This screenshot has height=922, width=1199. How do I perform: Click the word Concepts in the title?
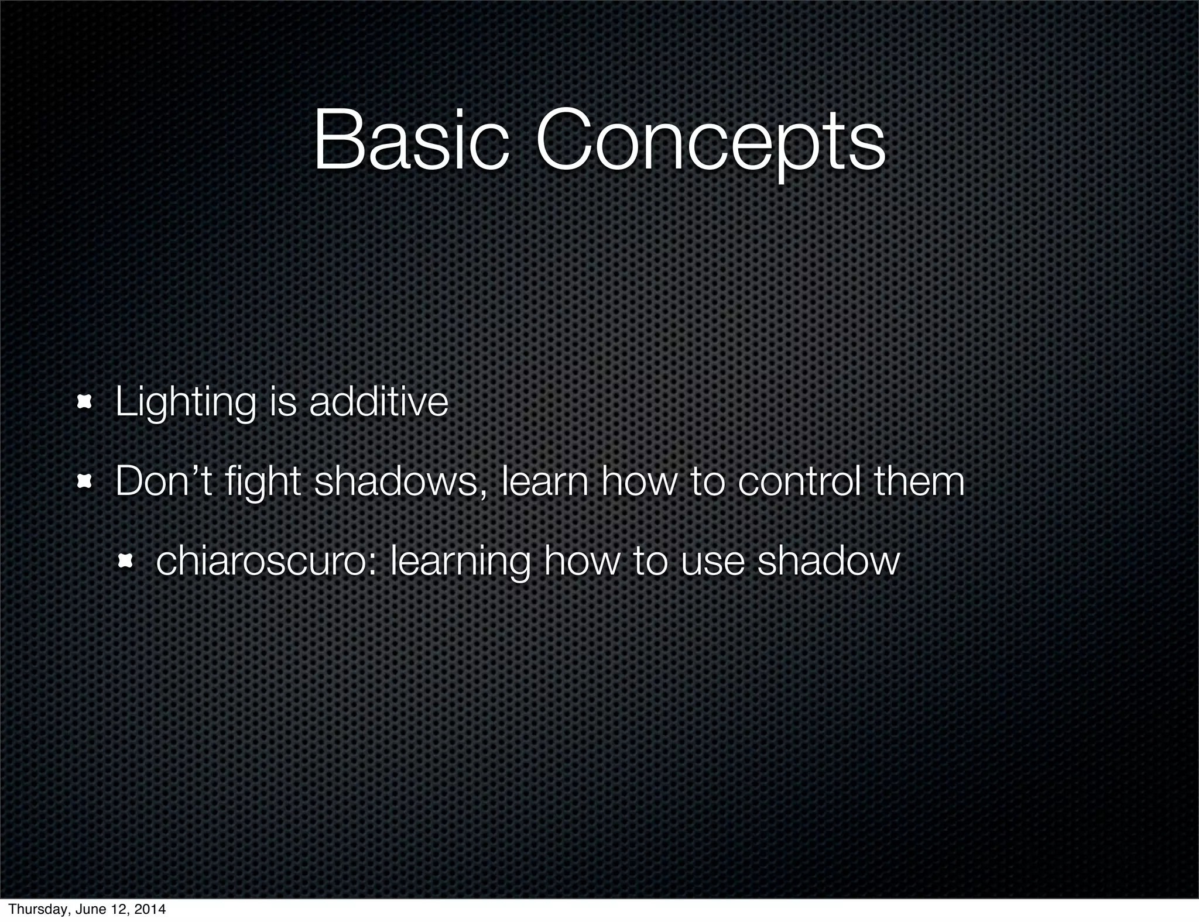coord(710,142)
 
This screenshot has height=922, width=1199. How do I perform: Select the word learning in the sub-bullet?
coord(460,562)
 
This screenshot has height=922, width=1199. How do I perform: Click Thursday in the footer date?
coord(33,909)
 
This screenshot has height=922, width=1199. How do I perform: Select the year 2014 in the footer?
coord(151,909)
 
